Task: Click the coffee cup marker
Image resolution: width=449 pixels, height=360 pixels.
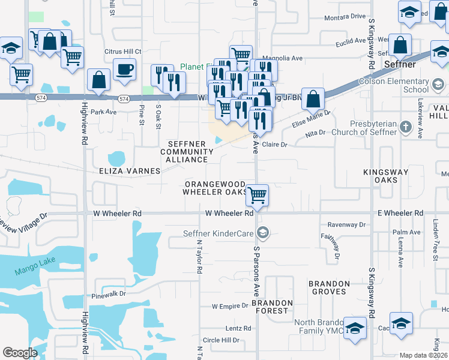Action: [x=124, y=70]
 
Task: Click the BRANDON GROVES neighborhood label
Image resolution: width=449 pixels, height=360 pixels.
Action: [x=329, y=287]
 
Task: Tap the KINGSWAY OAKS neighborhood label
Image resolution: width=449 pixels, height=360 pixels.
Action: [x=385, y=176]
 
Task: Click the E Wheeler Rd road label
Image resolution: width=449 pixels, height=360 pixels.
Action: [x=400, y=213]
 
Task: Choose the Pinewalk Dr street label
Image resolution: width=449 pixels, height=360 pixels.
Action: [x=109, y=295]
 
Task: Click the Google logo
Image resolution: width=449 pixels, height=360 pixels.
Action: [x=20, y=353]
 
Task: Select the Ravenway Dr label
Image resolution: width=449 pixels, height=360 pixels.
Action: [x=346, y=224]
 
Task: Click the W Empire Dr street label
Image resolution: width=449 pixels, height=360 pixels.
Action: [x=230, y=306]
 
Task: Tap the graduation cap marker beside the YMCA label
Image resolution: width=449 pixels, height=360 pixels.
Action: [x=355, y=329]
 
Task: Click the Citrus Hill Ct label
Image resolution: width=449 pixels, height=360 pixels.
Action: [x=122, y=52]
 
